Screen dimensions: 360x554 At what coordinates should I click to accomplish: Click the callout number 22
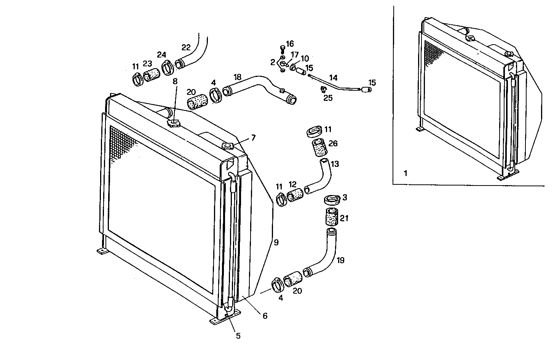pyautogui.click(x=186, y=48)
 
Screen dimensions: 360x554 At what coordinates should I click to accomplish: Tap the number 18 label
pyautogui.click(x=237, y=77)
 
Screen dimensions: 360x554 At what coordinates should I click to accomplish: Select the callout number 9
pyautogui.click(x=276, y=242)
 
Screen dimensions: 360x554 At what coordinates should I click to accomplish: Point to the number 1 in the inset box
pyautogui.click(x=406, y=173)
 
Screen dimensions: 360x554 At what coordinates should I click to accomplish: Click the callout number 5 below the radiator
pyautogui.click(x=238, y=336)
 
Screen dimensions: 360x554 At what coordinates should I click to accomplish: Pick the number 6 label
pyautogui.click(x=265, y=316)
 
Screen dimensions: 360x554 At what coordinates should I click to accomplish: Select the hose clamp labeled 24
pyautogui.click(x=168, y=67)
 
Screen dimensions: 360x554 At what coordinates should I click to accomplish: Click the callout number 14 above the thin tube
pyautogui.click(x=333, y=78)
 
